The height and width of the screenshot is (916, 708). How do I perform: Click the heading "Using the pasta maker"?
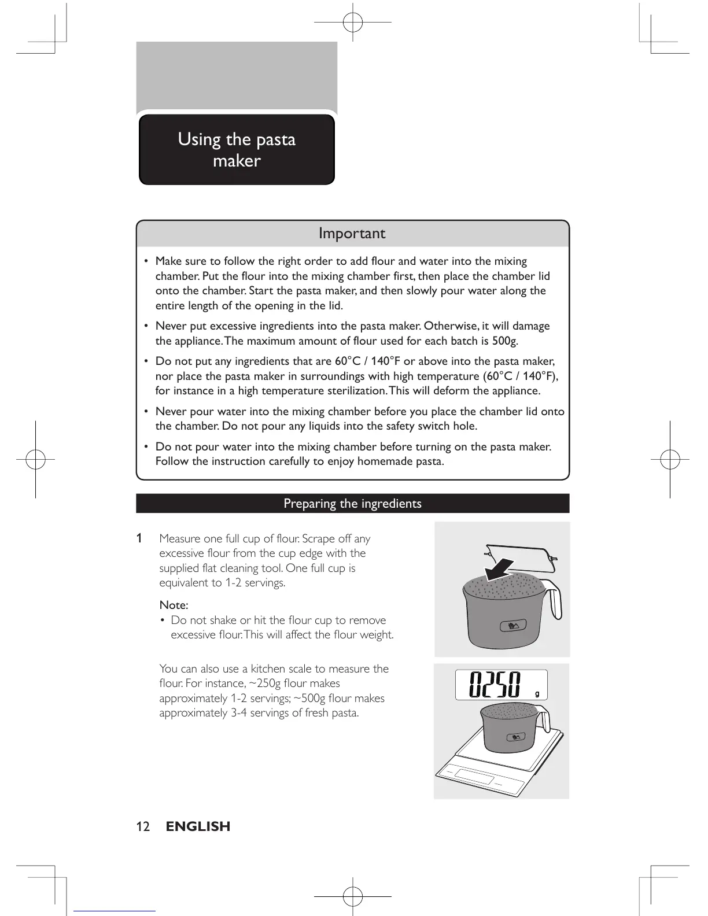click(x=237, y=150)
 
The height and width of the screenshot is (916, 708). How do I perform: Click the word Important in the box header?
click(x=352, y=234)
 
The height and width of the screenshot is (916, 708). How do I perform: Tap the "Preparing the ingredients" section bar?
click(x=352, y=504)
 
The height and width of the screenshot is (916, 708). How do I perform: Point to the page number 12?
click(x=143, y=826)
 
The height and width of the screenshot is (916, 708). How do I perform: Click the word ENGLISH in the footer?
click(x=198, y=826)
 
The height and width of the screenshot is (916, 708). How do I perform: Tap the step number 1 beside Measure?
click(x=139, y=538)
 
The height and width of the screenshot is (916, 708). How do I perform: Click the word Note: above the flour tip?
click(x=174, y=605)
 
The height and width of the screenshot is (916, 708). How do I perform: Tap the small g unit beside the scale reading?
click(x=537, y=693)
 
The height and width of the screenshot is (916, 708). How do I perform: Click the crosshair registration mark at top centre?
click(x=352, y=22)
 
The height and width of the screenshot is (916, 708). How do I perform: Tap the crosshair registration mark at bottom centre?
click(x=352, y=896)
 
